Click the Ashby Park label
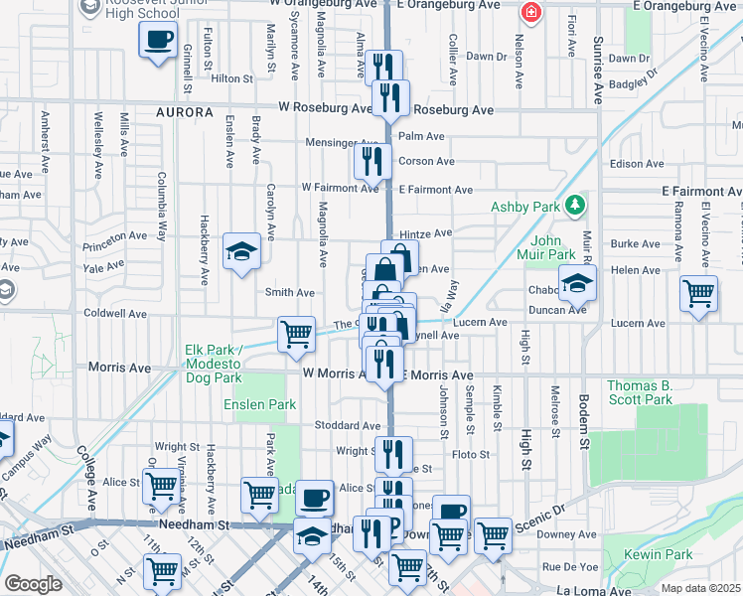click(x=522, y=207)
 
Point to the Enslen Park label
click(x=260, y=404)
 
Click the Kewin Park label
click(x=651, y=553)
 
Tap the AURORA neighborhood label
click(x=185, y=113)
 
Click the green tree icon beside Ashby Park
click(x=573, y=206)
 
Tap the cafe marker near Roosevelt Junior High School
click(x=159, y=42)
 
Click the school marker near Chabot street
click(x=576, y=283)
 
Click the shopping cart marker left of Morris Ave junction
click(x=296, y=335)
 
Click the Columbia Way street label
click(x=160, y=207)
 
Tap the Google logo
click(x=33, y=584)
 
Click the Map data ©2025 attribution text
click(x=700, y=588)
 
